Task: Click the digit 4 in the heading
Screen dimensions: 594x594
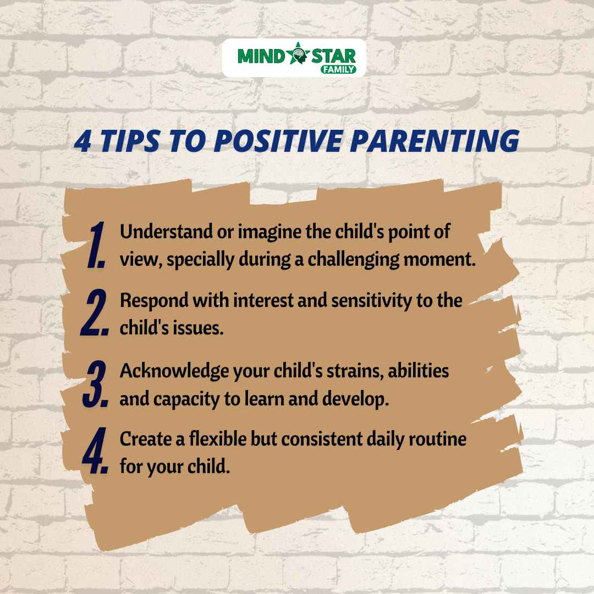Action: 82,141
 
